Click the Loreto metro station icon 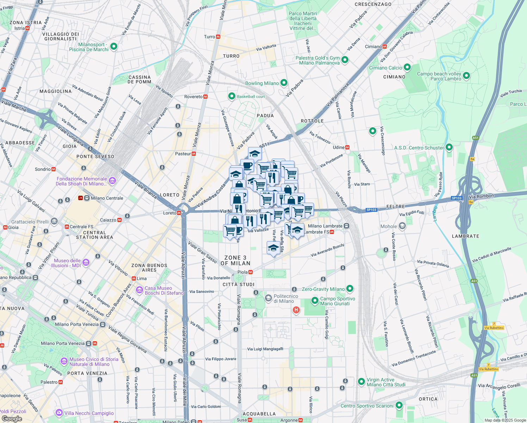179,213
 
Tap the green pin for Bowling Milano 284,83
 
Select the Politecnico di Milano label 286,299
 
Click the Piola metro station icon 250,272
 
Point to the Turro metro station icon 218,37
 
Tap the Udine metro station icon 347,147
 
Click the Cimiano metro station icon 385,47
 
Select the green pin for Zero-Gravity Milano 349,289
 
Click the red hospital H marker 296,310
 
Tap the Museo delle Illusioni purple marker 86,263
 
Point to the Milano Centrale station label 107,198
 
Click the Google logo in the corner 12,419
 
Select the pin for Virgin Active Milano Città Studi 361,382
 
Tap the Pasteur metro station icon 194,154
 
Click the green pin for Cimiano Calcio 407,67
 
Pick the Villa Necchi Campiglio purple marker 59,413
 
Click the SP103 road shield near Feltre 371,210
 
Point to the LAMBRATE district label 465,236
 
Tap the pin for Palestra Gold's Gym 345,60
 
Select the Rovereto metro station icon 205,97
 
